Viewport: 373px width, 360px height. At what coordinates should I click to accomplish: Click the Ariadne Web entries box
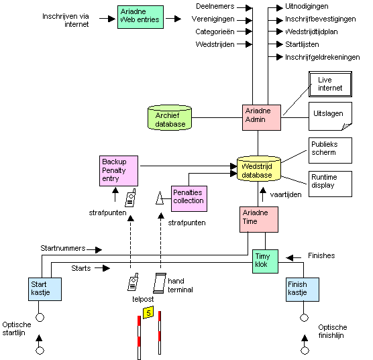(x=140, y=17)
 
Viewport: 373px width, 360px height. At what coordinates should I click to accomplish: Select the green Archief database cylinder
(x=170, y=117)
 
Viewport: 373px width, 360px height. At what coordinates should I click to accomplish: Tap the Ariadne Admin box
(x=262, y=117)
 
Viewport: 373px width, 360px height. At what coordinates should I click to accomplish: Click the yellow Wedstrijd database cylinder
(x=259, y=168)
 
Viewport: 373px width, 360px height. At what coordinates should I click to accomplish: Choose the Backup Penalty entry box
(x=119, y=171)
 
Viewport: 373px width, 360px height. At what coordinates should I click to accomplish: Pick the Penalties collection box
(x=189, y=198)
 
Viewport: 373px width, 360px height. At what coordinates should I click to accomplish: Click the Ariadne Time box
(x=259, y=219)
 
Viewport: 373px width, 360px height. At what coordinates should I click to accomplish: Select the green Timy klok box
(x=265, y=261)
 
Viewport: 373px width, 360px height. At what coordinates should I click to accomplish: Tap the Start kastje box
(x=45, y=289)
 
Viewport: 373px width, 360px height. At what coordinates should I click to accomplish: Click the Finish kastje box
(x=303, y=290)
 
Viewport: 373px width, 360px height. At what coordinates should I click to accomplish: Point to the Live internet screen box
(x=330, y=84)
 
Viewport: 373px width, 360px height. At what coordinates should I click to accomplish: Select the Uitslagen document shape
(x=330, y=116)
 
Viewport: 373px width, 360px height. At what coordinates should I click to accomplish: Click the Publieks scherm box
(x=330, y=150)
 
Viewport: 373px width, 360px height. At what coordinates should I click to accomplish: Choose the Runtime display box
(x=330, y=184)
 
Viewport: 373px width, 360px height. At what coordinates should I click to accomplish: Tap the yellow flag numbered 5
(x=148, y=312)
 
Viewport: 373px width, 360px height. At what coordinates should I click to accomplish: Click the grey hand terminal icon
(x=160, y=283)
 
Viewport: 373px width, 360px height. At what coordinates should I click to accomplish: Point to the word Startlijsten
(x=302, y=44)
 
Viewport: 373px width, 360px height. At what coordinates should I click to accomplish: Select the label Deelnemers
(x=215, y=7)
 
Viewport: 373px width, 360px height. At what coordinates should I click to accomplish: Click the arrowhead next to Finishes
(x=290, y=257)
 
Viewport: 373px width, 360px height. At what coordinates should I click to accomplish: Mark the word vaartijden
(x=286, y=194)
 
